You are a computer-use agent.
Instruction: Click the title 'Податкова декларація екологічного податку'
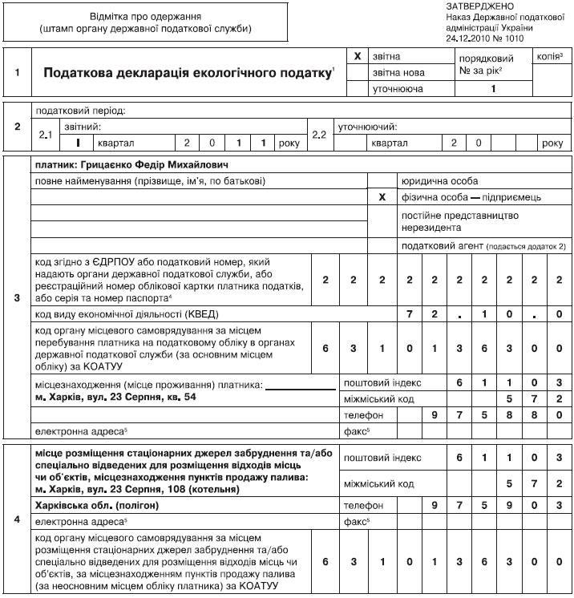[188, 72]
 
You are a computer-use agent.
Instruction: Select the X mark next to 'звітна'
[358, 57]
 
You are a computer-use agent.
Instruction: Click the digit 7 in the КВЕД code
[409, 313]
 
